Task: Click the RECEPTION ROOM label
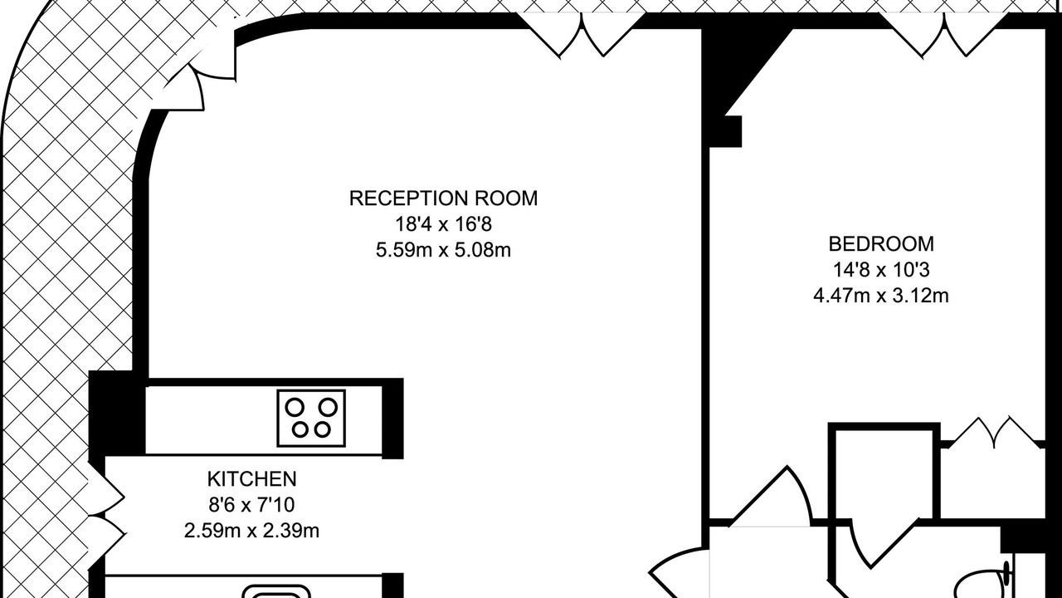click(443, 199)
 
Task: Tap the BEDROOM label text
click(881, 244)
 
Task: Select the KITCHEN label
click(251, 479)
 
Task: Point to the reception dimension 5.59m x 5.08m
click(443, 250)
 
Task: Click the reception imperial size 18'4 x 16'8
click(443, 224)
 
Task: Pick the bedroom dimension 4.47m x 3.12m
click(881, 296)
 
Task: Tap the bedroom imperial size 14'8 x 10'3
click(881, 270)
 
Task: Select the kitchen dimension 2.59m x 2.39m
click(251, 531)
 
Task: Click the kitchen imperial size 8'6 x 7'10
click(251, 505)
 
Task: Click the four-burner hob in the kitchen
click(311, 418)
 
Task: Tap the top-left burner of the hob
click(295, 407)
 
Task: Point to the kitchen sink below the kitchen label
click(276, 592)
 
